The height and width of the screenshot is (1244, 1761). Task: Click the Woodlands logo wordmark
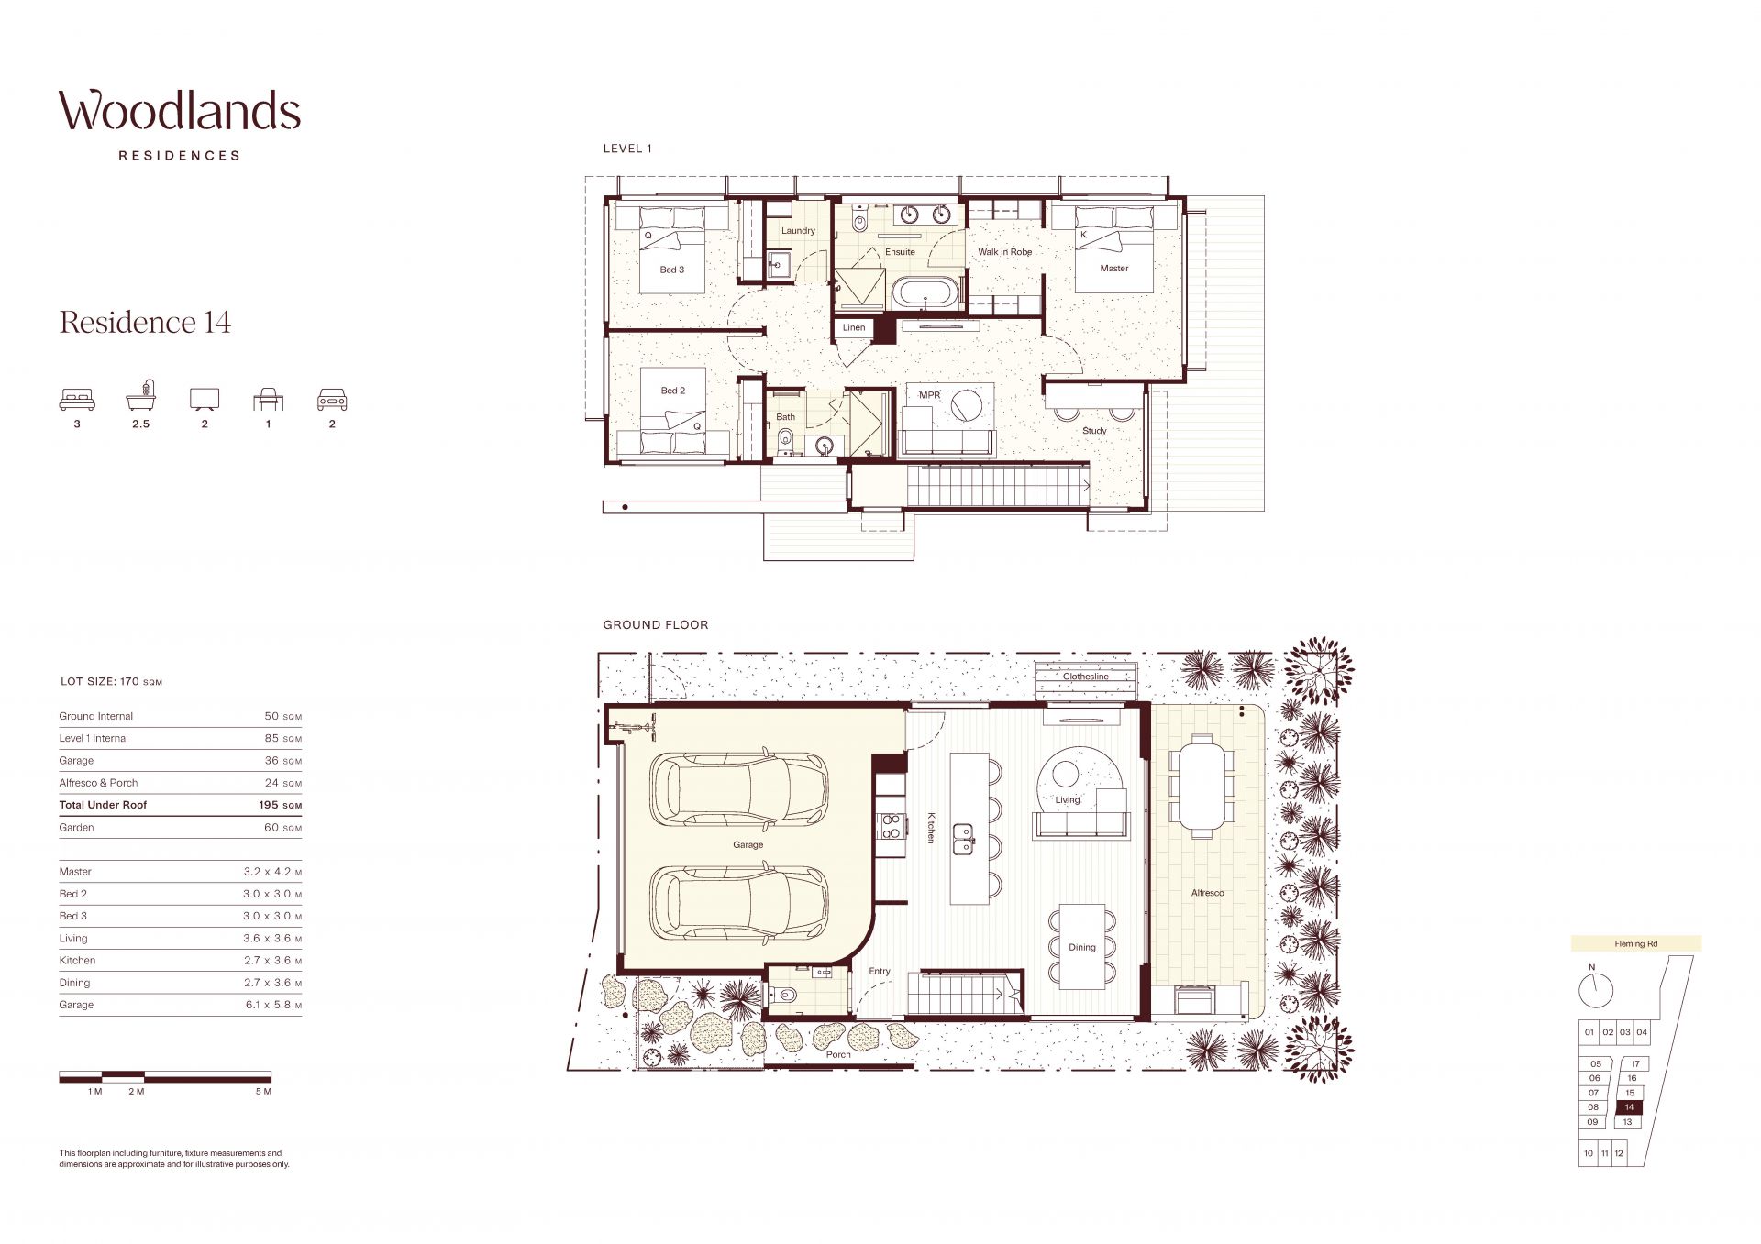pos(180,111)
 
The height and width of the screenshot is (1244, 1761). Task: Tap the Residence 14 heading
pos(145,322)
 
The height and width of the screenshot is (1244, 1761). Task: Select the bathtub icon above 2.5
pos(140,396)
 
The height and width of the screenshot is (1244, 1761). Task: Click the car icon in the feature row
pos(332,399)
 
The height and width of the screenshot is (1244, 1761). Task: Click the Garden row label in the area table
pos(77,827)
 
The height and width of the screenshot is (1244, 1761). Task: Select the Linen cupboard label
pos(854,327)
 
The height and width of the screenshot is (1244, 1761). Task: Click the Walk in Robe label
pos(1004,251)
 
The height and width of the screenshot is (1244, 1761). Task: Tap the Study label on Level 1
pos(1094,430)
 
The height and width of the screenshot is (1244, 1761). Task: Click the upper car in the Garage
pos(739,791)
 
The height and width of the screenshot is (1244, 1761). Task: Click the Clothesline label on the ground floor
pos(1086,677)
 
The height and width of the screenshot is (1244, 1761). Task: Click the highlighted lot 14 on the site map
pos(1629,1107)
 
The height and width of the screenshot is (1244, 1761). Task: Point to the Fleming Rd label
pos(1636,943)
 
